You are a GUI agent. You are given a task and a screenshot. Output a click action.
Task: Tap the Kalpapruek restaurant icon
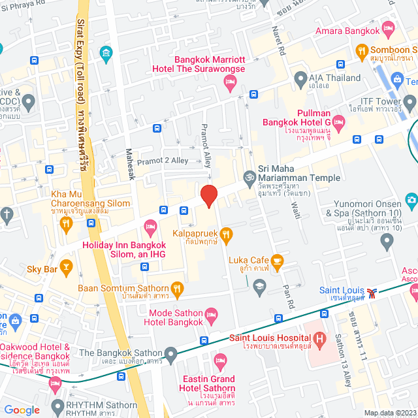(226, 233)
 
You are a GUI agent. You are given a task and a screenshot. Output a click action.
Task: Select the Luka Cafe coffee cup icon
(277, 262)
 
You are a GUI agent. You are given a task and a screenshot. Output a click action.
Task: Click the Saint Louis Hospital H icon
(319, 339)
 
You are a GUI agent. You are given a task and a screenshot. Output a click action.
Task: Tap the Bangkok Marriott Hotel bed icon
(229, 81)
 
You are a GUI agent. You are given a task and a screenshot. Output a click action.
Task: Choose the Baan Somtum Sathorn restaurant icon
(177, 288)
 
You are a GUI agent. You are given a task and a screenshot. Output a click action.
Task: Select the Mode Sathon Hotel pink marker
(211, 315)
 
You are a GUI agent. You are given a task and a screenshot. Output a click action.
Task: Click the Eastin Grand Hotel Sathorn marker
(220, 361)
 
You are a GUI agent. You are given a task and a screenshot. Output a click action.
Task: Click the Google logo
(22, 410)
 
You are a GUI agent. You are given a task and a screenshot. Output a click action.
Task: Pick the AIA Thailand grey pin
(300, 80)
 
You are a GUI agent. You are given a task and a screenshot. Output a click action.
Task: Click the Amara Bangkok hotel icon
(389, 27)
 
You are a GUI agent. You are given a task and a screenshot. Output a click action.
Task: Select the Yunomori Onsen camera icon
(411, 200)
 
